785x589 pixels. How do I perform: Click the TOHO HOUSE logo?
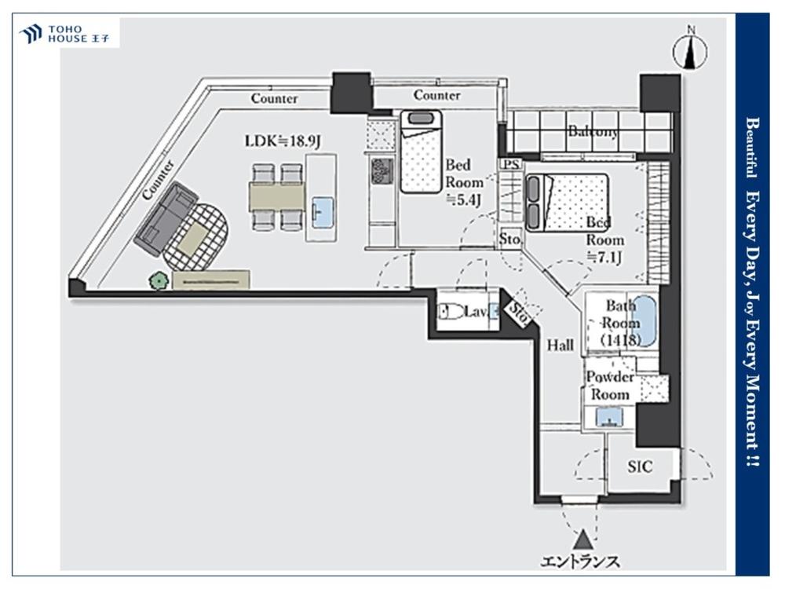click(64, 34)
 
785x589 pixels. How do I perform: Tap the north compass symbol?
click(691, 49)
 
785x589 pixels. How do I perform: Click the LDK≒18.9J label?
click(283, 141)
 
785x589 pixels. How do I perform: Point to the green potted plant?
click(159, 281)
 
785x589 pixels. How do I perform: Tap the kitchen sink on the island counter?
click(322, 212)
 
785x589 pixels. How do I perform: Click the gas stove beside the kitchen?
click(382, 172)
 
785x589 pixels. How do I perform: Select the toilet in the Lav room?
click(451, 312)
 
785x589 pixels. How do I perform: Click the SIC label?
click(640, 466)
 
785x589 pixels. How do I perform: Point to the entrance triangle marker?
click(583, 540)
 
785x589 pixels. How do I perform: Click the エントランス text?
click(580, 562)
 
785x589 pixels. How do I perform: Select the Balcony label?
click(593, 132)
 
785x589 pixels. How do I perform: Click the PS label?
click(511, 164)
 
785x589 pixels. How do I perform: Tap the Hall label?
click(560, 345)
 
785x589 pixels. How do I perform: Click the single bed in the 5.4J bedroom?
click(421, 152)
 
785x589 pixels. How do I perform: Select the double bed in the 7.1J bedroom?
click(567, 203)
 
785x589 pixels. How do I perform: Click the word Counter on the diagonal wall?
click(159, 180)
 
